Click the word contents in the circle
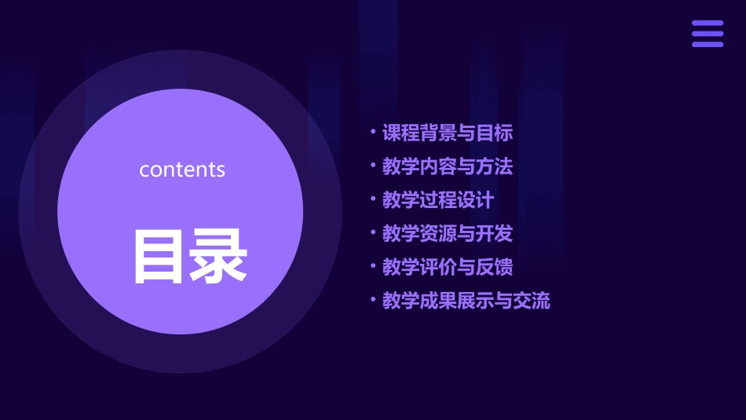coord(182,170)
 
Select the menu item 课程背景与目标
coord(448,133)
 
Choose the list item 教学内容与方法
coord(448,167)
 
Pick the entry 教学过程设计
coord(438,200)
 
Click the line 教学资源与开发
coord(448,234)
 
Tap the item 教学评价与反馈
coord(448,267)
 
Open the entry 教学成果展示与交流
coord(466,301)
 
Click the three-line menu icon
coord(708,34)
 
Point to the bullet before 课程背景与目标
coord(373,131)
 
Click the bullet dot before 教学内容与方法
coord(373,165)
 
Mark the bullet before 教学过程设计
coord(373,198)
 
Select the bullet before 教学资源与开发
coord(373,232)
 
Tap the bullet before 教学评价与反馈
coord(373,265)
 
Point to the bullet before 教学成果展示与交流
coord(373,298)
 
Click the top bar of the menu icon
coord(708,24)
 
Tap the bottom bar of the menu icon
coord(708,44)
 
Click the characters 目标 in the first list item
coord(495,133)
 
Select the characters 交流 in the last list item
coord(532,301)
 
